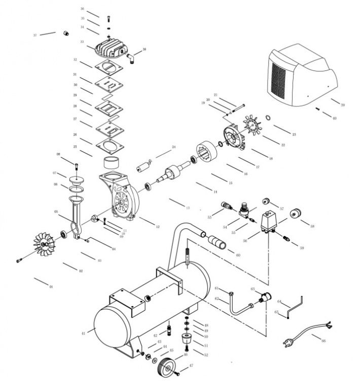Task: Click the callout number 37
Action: pyautogui.click(x=35, y=35)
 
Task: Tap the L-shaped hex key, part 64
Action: pyautogui.click(x=294, y=305)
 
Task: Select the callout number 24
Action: pyautogui.click(x=173, y=147)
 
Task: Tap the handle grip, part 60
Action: pyautogui.click(x=220, y=242)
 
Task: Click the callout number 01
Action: pyautogui.click(x=51, y=287)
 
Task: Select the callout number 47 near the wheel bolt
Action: pyautogui.click(x=192, y=365)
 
